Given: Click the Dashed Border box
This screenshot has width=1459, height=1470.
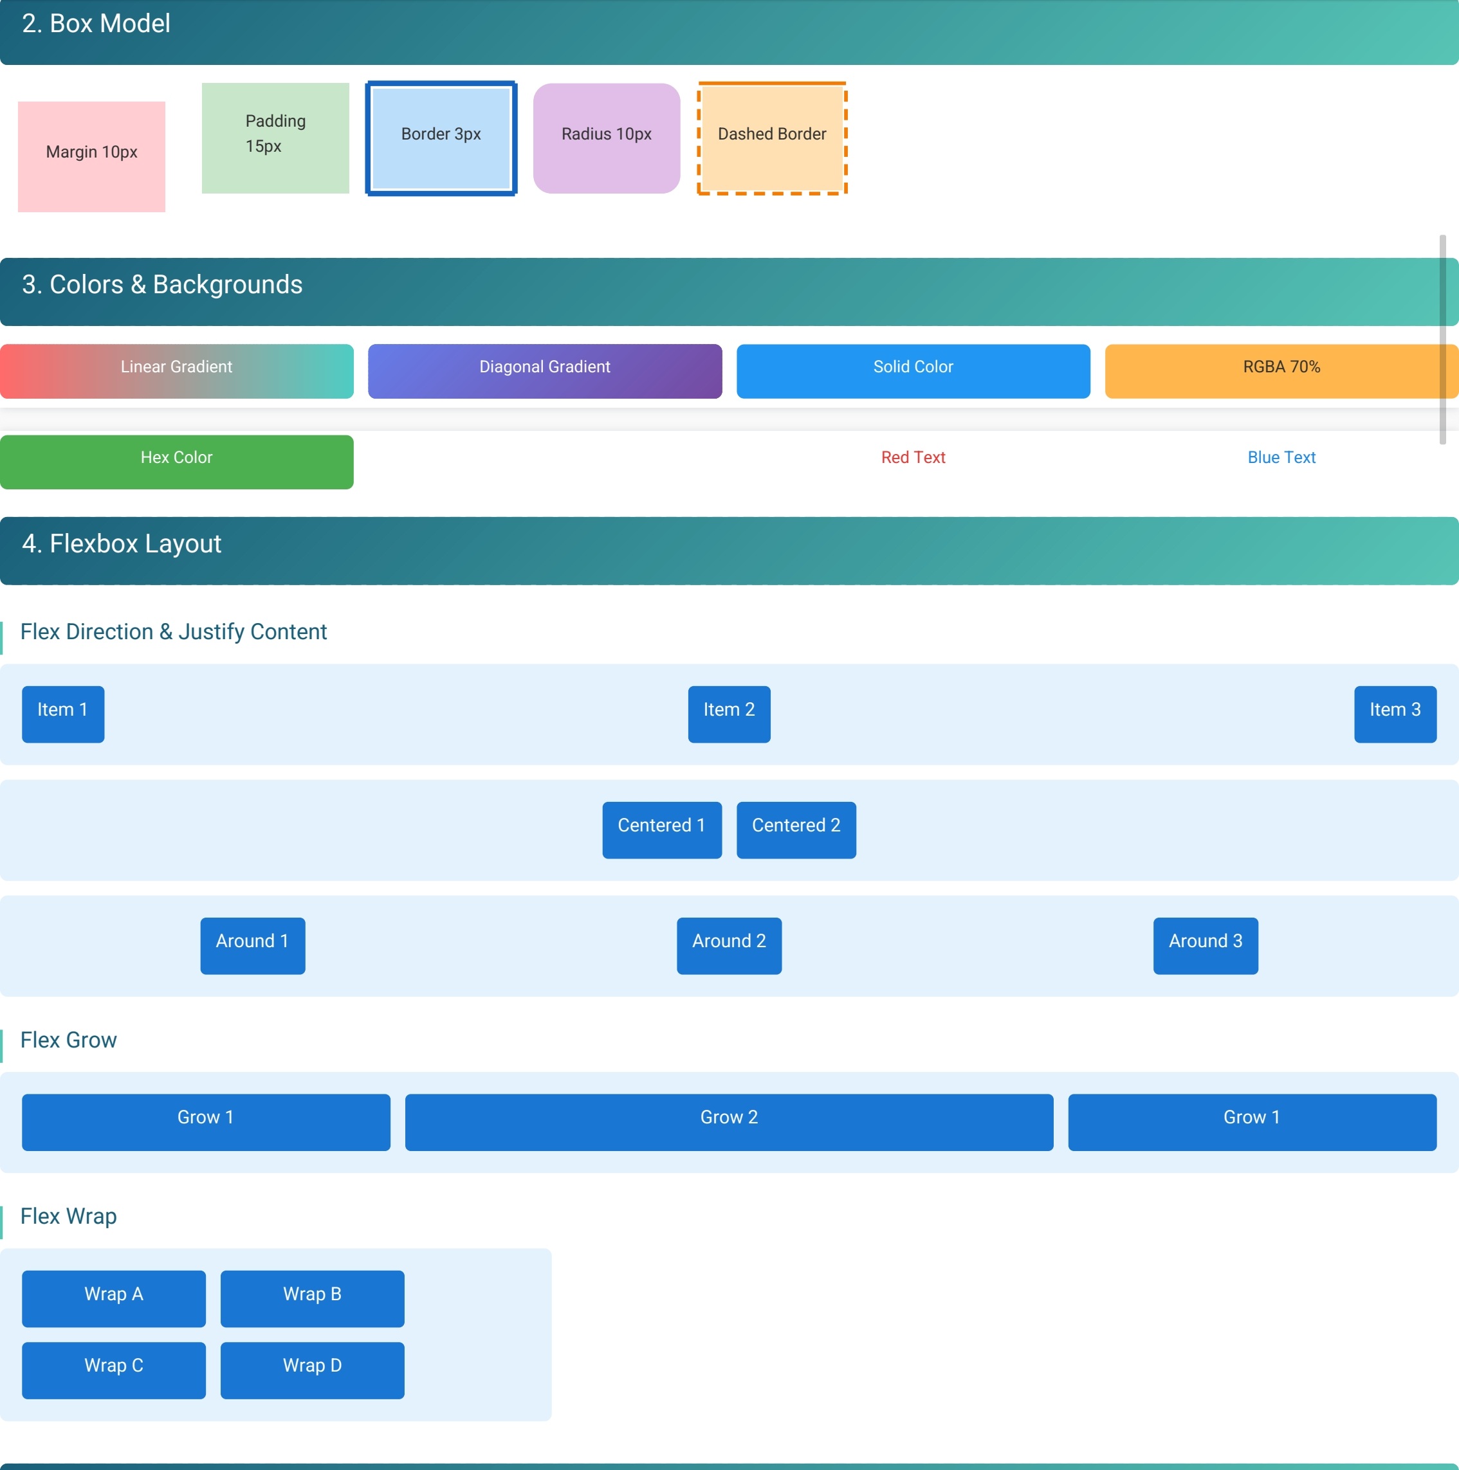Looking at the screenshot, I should [772, 138].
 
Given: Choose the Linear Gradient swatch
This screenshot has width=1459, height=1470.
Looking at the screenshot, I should [176, 370].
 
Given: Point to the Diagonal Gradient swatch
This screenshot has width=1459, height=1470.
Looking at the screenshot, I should [544, 370].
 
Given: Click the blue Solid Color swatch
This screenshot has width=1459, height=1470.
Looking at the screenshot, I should [913, 370].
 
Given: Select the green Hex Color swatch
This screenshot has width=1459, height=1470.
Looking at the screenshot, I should [176, 461].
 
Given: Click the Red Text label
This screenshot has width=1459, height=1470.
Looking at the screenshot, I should [913, 457].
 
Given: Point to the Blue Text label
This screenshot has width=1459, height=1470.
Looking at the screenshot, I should [1281, 457].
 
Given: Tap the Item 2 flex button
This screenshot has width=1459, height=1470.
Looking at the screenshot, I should [728, 714].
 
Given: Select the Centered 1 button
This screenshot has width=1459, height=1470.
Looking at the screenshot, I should [661, 830].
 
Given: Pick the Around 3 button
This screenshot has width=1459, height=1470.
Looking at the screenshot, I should [1205, 945].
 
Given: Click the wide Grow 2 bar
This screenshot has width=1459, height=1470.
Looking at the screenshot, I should [728, 1121].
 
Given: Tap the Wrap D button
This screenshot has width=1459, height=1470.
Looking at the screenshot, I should [312, 1370].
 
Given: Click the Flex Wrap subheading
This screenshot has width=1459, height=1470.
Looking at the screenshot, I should [68, 1216].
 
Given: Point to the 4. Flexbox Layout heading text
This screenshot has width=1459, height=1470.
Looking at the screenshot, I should [122, 543].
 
